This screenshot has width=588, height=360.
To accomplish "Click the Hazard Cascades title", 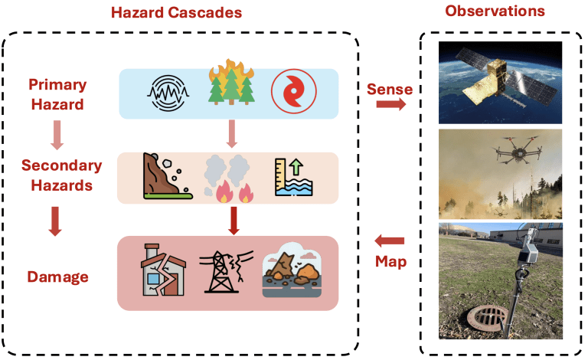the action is point(176,12).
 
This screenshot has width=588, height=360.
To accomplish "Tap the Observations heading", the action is point(495,11).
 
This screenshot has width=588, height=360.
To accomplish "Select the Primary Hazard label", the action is point(57,94).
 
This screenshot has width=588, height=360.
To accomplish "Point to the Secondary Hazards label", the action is point(61,175).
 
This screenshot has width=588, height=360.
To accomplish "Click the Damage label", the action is point(57,277).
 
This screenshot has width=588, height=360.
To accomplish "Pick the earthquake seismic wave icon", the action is point(168,93).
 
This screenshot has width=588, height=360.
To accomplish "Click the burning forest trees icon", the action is point(231,82).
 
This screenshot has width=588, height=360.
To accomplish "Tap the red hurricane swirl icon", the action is point(294,91).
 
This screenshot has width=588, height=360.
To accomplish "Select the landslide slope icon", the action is point(167,175).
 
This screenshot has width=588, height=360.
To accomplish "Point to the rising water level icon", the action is point(294,177).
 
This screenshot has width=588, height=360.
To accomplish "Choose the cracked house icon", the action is point(163,270).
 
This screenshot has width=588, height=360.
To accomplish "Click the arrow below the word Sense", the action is point(390,104).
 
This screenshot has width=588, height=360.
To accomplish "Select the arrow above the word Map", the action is point(390,241).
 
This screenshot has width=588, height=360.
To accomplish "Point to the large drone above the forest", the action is point(518,150).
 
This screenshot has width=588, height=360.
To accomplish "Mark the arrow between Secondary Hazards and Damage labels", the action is point(55,221).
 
